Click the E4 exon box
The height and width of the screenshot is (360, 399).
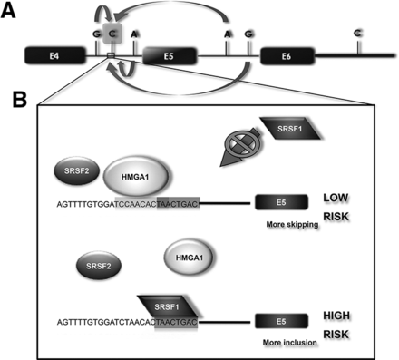pos(54,55)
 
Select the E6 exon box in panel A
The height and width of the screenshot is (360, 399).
pos(287,55)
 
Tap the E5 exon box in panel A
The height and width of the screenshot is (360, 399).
pos(170,55)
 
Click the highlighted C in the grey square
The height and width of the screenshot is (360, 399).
pos(112,34)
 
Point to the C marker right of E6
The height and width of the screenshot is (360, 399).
pos(358,33)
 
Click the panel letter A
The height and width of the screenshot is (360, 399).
pos(8,12)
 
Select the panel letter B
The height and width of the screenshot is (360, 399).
pos(20,100)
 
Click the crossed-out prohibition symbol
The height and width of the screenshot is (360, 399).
pos(242,143)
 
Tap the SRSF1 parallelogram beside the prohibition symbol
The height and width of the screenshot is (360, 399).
pos(290,129)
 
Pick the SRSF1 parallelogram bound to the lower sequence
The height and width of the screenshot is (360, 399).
pos(167,306)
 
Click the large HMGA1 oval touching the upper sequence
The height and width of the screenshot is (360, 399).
pos(135,177)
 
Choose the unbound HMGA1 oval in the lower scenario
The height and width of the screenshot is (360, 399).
pos(189,258)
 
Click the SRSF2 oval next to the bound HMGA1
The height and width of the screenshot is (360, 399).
pos(76,170)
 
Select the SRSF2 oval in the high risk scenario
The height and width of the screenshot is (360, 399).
pos(99,266)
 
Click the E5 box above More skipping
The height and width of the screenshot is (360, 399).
pos(281,202)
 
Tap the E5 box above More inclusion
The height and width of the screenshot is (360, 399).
pos(281,321)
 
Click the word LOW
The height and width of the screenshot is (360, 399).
pos(336,198)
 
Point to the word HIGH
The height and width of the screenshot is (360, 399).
pos(336,316)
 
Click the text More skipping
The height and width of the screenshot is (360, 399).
pos(292,224)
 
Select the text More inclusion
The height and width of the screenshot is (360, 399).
pos(290,343)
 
